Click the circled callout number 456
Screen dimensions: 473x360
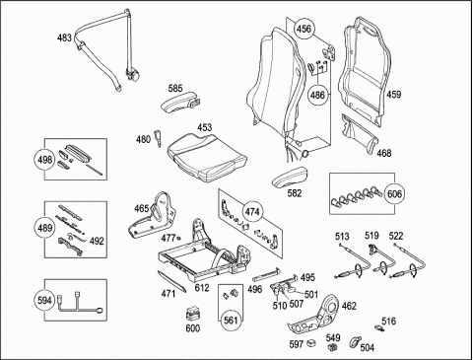pos(304,29)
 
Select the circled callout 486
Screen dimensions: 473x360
pos(317,95)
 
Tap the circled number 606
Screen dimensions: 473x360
pos(394,193)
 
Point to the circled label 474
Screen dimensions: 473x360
pos(252,212)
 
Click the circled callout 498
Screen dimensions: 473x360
pos(44,160)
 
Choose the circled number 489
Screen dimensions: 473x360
pos(44,228)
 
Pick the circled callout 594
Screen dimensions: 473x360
pos(44,300)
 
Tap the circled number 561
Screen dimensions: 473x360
pos(230,320)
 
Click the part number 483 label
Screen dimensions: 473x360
pos(64,37)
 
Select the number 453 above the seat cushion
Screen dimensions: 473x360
pos(205,127)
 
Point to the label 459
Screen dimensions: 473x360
pos(393,95)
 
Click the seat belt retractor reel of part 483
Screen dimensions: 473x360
pos(132,75)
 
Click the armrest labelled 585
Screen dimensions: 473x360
pos(179,102)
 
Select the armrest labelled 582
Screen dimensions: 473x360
pos(290,178)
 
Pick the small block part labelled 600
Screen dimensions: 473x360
pos(193,314)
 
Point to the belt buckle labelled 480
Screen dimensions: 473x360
pos(158,137)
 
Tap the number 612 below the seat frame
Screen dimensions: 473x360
pos(202,288)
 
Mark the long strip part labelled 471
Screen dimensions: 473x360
pos(171,281)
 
